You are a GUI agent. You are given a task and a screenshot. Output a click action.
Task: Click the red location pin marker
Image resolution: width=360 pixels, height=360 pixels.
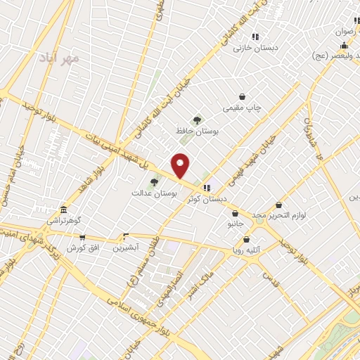tap(181, 166)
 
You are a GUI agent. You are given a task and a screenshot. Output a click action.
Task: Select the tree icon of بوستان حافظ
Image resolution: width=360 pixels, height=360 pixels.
tap(198, 120)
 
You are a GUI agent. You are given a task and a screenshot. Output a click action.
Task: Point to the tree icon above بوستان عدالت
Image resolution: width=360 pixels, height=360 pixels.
tap(154, 181)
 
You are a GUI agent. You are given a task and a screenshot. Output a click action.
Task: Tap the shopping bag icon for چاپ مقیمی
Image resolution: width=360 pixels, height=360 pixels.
tap(243, 96)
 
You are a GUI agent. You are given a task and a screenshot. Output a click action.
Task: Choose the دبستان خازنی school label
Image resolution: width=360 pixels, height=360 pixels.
tap(257, 48)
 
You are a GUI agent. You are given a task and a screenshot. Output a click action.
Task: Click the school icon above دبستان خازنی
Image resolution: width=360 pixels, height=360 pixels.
tap(255, 36)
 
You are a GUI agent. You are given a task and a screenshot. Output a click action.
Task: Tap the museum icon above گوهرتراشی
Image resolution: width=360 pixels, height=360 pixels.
tap(64, 210)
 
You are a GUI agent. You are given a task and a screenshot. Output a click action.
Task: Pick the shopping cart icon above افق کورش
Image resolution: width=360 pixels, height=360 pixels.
tap(83, 238)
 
